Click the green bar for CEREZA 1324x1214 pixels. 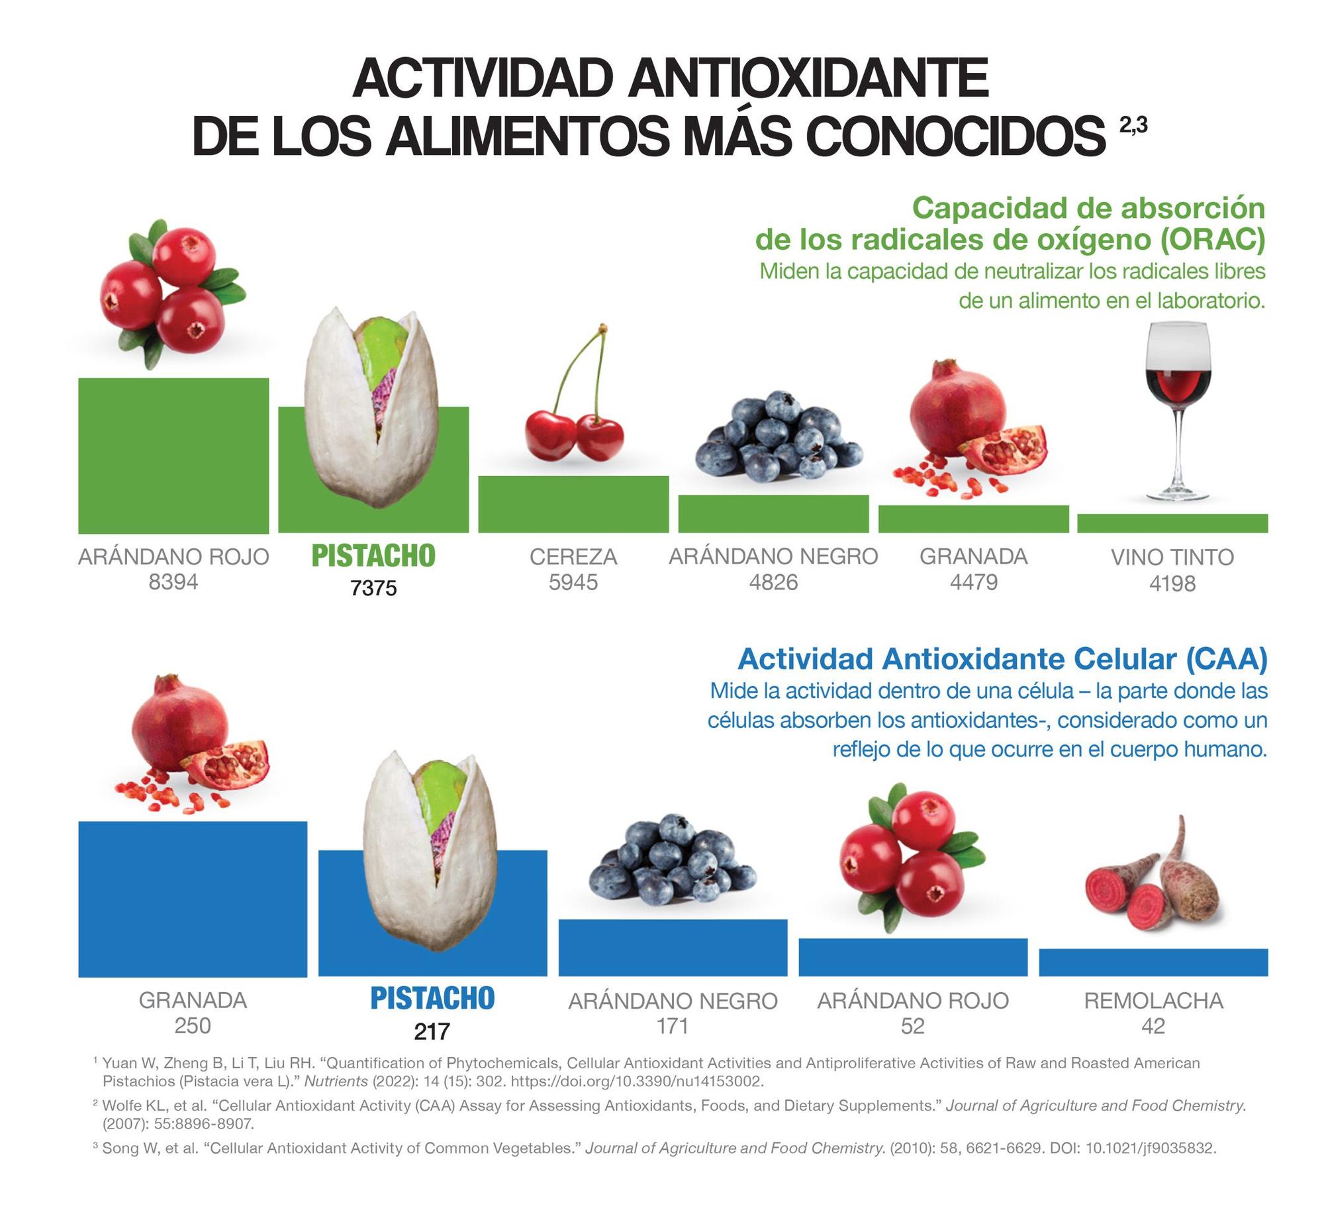573,503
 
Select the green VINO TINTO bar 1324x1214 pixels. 1172,523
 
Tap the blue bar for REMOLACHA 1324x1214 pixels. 1153,962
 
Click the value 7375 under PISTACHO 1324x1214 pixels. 373,587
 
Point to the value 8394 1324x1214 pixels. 173,582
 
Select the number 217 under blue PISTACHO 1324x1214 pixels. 432,1031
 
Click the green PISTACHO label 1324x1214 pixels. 373,556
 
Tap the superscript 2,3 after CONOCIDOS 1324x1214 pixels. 1133,125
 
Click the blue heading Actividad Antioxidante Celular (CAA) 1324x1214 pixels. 1002,659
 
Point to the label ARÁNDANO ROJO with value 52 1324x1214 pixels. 912,1000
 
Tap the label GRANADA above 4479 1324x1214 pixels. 973,556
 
